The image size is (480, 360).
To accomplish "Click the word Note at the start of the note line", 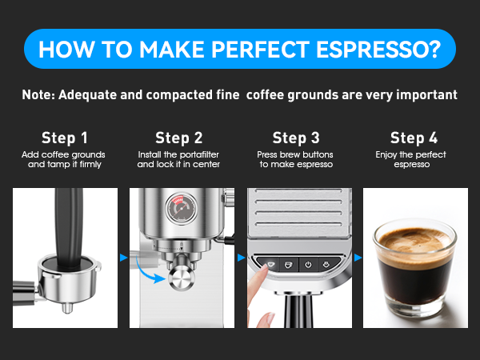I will [40, 94].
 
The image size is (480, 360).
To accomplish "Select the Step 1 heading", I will [66, 138].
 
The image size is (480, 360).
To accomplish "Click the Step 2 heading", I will [178, 138].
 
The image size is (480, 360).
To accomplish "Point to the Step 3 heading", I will [296, 138].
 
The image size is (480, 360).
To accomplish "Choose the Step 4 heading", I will [414, 138].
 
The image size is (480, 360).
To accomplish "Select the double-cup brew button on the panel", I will [327, 262].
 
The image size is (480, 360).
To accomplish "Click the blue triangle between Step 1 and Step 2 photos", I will [122, 258].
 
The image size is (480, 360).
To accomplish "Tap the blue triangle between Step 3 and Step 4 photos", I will [358, 258].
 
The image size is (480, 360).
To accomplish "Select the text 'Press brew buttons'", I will [296, 154].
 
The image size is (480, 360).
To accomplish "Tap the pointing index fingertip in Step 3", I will [265, 270].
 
